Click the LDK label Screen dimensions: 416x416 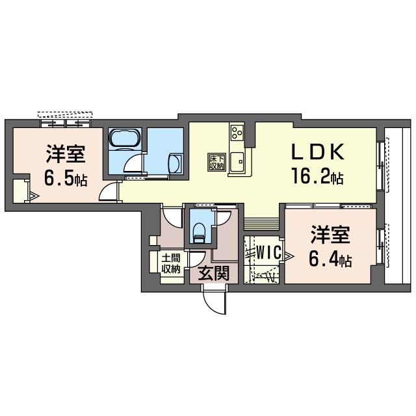[318, 152]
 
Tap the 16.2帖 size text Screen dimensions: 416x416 [317, 176]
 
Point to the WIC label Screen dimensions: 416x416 [268, 252]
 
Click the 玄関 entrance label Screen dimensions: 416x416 [214, 273]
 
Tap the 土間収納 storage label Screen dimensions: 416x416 [171, 263]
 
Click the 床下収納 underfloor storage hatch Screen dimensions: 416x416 [217, 162]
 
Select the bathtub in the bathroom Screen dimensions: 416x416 [124, 137]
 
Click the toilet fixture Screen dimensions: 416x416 [200, 233]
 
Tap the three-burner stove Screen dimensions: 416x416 [237, 133]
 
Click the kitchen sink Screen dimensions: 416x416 [237, 162]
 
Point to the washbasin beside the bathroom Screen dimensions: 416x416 [175, 164]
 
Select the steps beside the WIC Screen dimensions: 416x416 [261, 224]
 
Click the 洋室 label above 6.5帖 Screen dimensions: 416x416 [66, 153]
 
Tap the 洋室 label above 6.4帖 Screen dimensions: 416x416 [330, 234]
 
